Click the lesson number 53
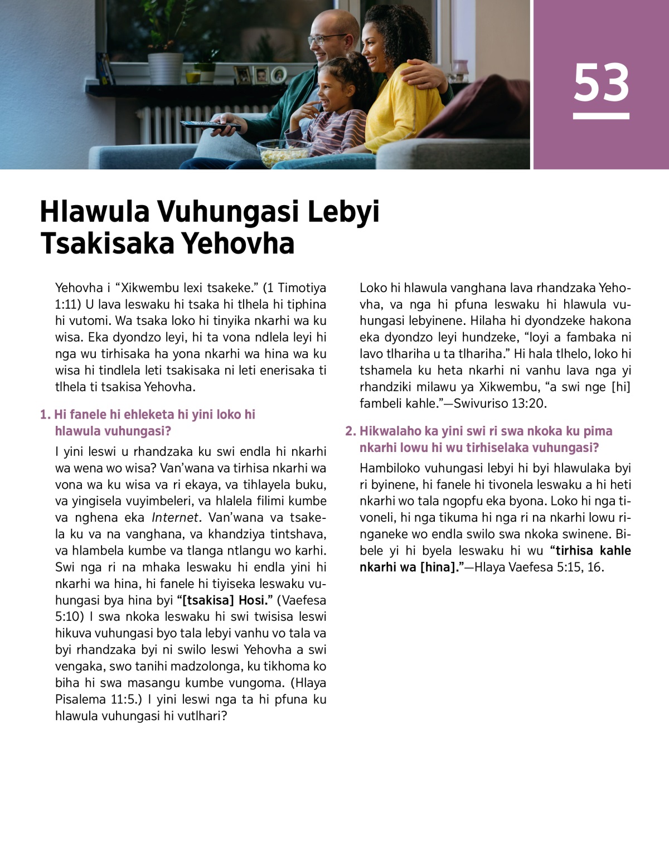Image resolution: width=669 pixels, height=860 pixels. [x=601, y=82]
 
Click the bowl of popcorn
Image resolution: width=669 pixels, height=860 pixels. [x=284, y=152]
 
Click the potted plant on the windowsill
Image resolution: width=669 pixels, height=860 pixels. [x=166, y=61]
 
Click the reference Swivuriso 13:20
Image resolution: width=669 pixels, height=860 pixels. [x=500, y=403]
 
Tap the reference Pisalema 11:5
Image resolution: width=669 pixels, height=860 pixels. [x=95, y=699]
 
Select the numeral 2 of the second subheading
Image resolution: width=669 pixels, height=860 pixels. [x=350, y=431]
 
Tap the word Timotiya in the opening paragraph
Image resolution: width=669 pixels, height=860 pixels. [x=302, y=288]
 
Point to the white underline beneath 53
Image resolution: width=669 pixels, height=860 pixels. [x=601, y=116]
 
